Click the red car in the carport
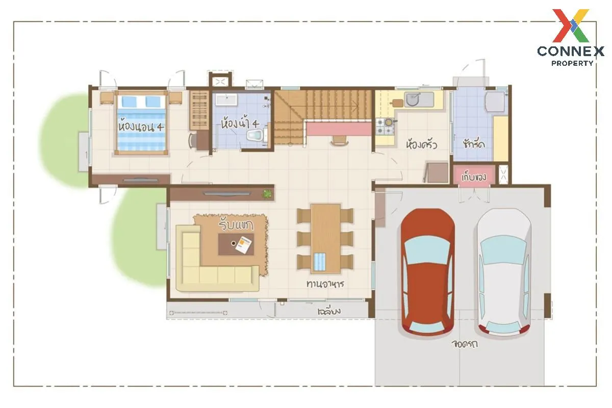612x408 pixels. click(x=428, y=272)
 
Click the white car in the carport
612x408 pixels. click(x=503, y=272)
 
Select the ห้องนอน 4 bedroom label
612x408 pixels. click(x=141, y=127)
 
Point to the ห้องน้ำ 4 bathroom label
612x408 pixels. click(x=240, y=123)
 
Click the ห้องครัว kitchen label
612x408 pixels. click(x=422, y=144)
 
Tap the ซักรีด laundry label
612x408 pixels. click(x=474, y=143)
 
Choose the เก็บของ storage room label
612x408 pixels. click(x=474, y=177)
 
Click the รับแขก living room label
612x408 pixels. click(x=236, y=224)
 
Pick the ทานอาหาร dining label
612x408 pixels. click(x=325, y=284)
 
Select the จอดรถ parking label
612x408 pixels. click(x=465, y=344)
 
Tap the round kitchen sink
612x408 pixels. click(x=412, y=99)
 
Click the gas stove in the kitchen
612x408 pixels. click(x=385, y=126)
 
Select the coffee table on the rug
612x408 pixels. click(x=236, y=244)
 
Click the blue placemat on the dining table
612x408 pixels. click(x=320, y=262)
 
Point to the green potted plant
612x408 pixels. click(x=267, y=194)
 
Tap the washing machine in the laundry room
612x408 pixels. click(x=495, y=101)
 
